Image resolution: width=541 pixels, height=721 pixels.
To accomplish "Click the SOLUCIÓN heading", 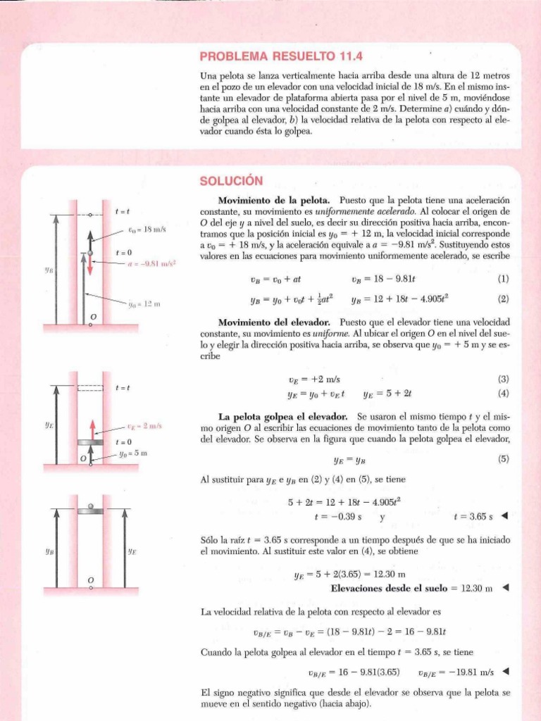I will click(230, 181).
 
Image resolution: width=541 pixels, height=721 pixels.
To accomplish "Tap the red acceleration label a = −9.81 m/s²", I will click(151, 265).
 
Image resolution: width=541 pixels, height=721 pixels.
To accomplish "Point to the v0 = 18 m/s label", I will click(147, 230).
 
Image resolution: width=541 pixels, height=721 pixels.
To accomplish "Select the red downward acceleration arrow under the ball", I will click(90, 269).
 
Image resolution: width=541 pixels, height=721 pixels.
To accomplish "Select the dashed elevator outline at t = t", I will click(90, 387).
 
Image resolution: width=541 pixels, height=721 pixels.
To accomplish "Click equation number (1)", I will click(503, 279).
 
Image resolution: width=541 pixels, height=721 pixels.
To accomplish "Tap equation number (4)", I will click(503, 394).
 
